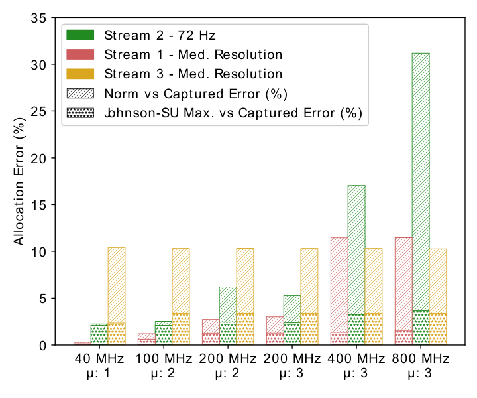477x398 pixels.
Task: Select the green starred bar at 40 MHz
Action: (99, 335)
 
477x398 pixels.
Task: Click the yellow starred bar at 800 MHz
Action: (438, 329)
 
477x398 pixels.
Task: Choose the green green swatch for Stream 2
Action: (80, 35)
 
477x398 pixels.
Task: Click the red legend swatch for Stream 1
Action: (80, 54)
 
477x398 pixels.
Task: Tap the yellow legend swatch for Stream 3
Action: (80, 74)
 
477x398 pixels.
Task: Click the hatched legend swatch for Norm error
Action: (80, 93)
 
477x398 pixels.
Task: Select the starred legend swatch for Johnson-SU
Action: (80, 113)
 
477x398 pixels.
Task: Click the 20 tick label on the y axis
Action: (38, 158)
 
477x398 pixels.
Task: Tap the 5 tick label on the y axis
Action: (42, 298)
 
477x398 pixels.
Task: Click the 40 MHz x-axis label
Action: (99, 365)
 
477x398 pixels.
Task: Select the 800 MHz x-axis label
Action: (421, 365)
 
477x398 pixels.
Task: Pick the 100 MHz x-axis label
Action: (164, 365)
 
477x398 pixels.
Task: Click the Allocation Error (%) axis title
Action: (19, 182)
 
